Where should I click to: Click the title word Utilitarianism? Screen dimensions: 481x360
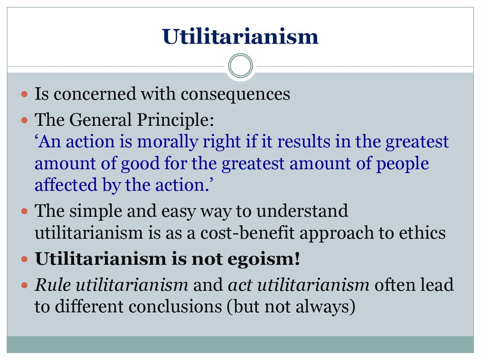point(240,37)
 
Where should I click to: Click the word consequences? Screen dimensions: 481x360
point(235,94)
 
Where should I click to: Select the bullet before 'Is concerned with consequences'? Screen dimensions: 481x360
point(24,94)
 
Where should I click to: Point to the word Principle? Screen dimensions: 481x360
point(175,120)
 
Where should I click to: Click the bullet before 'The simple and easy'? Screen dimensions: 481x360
point(24,211)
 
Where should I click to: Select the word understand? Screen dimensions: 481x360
point(302,211)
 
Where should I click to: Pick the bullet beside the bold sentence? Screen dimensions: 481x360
point(24,260)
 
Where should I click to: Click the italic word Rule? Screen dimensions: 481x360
point(53,285)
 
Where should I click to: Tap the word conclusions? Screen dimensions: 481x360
point(175,306)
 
